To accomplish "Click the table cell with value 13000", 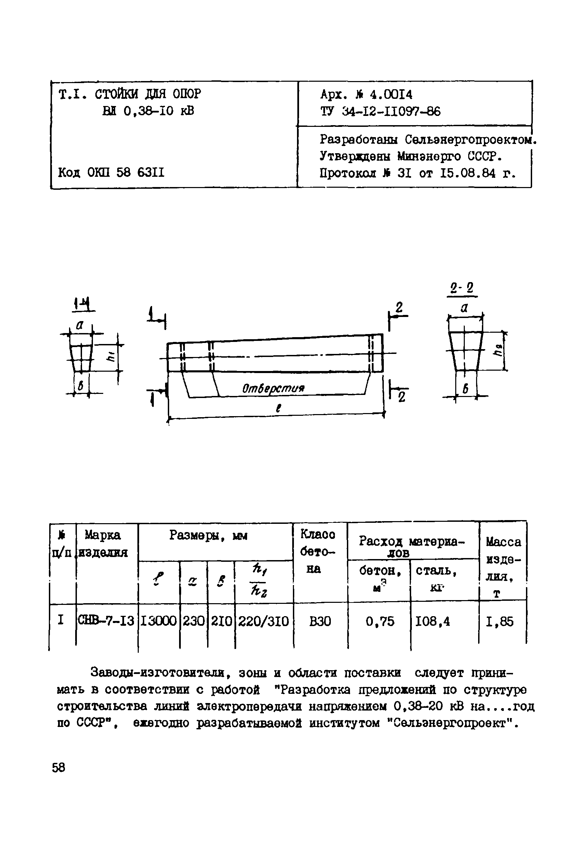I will point(158,621).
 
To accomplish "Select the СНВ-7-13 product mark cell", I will point(107,621).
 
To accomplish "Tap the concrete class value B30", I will point(320,621).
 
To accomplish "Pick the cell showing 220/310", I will point(263,621).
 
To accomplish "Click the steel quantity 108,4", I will point(433,621).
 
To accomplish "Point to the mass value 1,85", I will point(500,621).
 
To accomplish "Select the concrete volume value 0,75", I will point(380,621).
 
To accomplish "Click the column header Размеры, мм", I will point(208,536).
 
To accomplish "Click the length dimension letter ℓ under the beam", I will point(278,408).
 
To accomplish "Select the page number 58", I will point(58,768).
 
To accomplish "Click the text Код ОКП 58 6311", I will point(111,172).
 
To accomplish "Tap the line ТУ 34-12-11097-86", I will point(380,111).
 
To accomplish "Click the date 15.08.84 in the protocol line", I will point(468,173).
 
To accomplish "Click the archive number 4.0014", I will point(391,95).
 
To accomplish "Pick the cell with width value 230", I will point(193,621).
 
